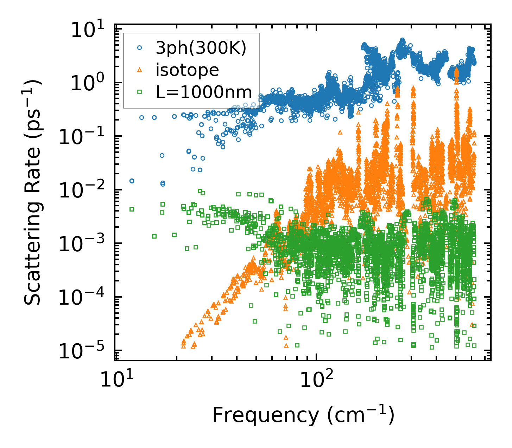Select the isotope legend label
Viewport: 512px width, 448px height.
pyautogui.click(x=188, y=70)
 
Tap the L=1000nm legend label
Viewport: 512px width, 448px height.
pyautogui.click(x=204, y=92)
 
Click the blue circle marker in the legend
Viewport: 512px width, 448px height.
pyautogui.click(x=139, y=48)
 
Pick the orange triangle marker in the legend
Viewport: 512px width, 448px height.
pyautogui.click(x=139, y=70)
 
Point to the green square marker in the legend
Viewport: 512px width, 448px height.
pyautogui.click(x=139, y=92)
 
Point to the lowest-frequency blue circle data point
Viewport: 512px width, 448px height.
pyautogui.click(x=132, y=181)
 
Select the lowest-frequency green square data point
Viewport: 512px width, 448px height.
pyautogui.click(x=132, y=209)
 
